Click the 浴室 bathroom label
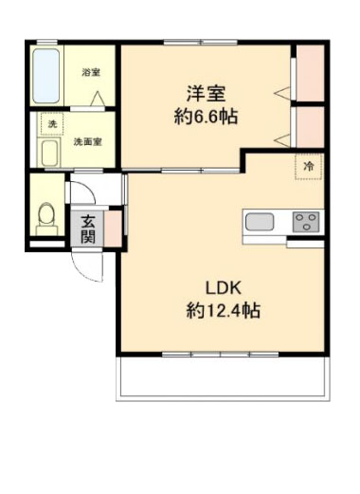(90, 73)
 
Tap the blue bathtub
(47, 75)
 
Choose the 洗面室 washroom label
(87, 142)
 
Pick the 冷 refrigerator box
(308, 166)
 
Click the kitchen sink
(261, 224)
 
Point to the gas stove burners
(306, 223)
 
